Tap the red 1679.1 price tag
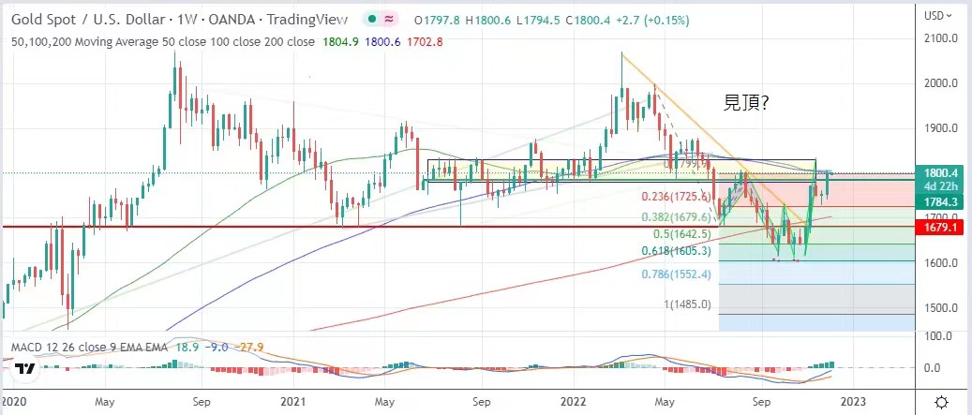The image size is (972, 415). point(942,227)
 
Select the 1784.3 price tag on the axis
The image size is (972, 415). point(942,201)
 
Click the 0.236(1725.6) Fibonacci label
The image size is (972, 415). point(673,197)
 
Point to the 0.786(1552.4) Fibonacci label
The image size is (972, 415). point(673,275)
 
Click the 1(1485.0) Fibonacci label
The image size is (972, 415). point(688,304)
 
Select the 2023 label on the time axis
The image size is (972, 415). point(852,401)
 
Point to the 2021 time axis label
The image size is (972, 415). point(293,401)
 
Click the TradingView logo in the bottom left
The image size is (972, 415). point(25,368)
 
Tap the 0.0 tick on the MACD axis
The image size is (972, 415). point(933,367)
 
